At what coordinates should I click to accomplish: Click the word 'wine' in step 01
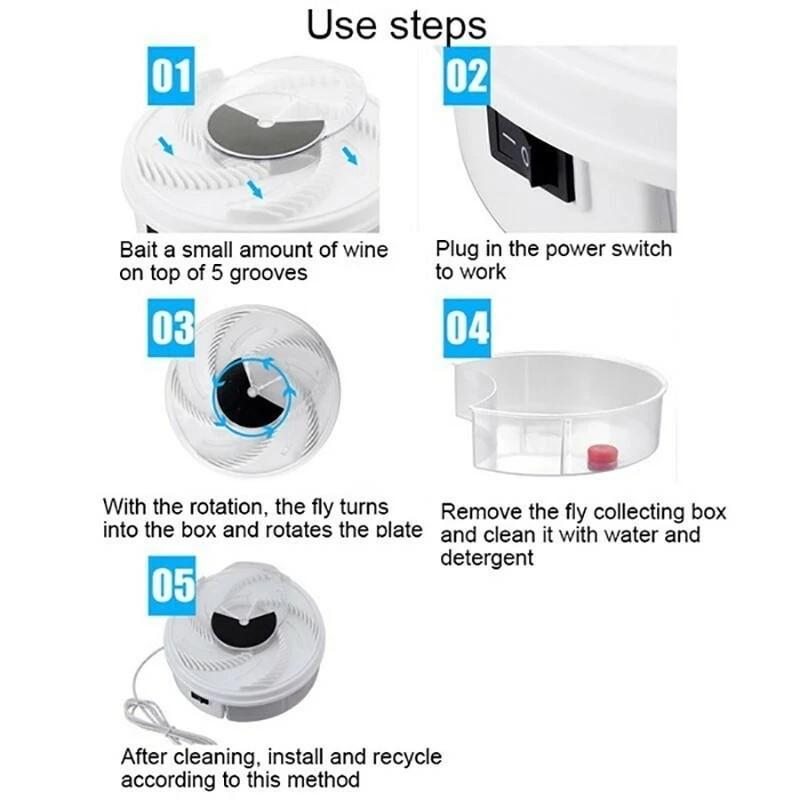364,249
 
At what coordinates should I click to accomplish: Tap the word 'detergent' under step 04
487,557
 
